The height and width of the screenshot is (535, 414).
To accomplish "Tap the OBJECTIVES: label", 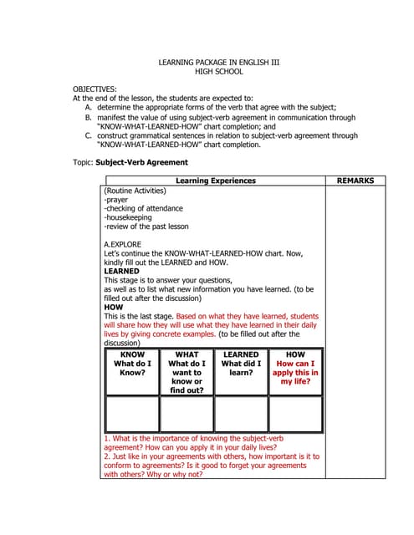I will pyautogui.click(x=95, y=89).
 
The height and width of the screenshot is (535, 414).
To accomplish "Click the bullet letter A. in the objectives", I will pyautogui.click(x=89, y=107).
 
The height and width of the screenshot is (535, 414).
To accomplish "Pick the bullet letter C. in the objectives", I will pyautogui.click(x=89, y=135).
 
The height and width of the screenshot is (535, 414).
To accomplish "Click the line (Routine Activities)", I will pyautogui.click(x=135, y=191).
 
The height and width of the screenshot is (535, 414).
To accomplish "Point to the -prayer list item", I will pyautogui.click(x=117, y=201).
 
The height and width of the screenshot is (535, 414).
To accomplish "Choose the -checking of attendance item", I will pyautogui.click(x=143, y=209).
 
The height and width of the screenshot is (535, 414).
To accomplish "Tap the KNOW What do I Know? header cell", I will pyautogui.click(x=132, y=364).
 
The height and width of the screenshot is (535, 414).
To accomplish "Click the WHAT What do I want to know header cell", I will pyautogui.click(x=187, y=372).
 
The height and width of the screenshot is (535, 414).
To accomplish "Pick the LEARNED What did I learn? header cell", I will pyautogui.click(x=241, y=364).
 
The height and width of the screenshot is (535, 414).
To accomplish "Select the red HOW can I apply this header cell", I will pyautogui.click(x=295, y=368).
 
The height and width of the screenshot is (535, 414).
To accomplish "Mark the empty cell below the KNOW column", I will pyautogui.click(x=132, y=414).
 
